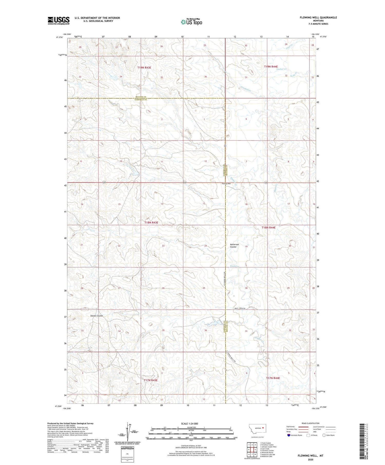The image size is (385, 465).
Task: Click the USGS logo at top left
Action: pos(59,21)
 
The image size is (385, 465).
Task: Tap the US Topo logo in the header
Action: pos(191,22)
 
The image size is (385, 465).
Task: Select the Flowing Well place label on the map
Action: pos(226,184)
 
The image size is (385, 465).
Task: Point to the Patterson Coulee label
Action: pos(234,245)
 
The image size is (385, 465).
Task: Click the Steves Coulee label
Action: pos(97,316)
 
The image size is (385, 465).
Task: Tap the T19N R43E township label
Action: pos(144,67)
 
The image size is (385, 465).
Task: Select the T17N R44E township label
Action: pos(273,378)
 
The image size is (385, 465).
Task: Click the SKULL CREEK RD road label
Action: pos(240,308)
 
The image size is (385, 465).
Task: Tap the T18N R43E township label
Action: pos(151,223)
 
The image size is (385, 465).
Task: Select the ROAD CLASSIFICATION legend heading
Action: pos(311,423)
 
